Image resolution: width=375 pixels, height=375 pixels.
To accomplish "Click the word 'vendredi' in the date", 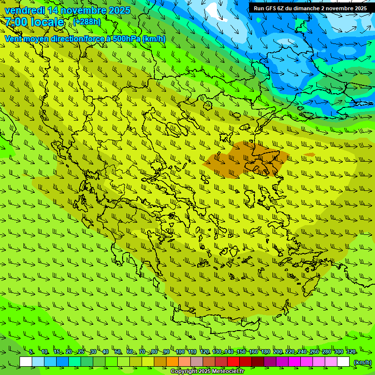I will click(x=25, y=10).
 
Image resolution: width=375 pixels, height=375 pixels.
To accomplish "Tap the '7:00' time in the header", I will click(x=16, y=22).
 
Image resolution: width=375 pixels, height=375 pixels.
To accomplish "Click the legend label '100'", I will click(x=180, y=352).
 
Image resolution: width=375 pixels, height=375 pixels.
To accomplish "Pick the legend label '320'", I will click(x=351, y=352).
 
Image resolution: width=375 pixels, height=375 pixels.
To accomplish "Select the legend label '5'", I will click(x=31, y=352).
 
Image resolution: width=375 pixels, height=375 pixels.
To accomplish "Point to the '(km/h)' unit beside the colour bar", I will click(x=362, y=362).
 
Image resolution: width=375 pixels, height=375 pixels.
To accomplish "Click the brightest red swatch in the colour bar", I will click(x=233, y=362).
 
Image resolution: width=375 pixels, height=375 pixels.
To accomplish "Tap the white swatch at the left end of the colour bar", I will click(x=26, y=362).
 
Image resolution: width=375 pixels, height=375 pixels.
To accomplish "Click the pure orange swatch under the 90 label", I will click(x=172, y=362).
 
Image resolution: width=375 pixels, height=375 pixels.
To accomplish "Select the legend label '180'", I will click(x=265, y=352).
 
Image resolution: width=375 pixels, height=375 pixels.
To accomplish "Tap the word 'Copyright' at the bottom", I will click(x=184, y=372).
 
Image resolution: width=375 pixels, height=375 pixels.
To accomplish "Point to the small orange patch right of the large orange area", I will click(x=310, y=155).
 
